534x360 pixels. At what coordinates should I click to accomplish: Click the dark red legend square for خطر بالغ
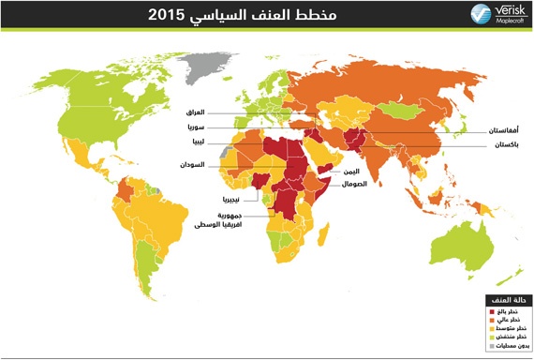pyautogui.click(x=489, y=310)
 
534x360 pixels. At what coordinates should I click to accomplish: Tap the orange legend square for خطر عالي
pyautogui.click(x=489, y=319)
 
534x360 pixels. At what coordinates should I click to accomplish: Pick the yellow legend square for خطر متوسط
pyautogui.click(x=489, y=328)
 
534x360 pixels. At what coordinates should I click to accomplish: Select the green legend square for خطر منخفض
pyautogui.click(x=489, y=337)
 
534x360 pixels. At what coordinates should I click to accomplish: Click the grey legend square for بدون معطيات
pyautogui.click(x=489, y=346)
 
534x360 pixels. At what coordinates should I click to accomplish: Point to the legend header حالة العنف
pyautogui.click(x=507, y=299)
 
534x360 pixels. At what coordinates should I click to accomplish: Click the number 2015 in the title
pyautogui.click(x=156, y=15)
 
